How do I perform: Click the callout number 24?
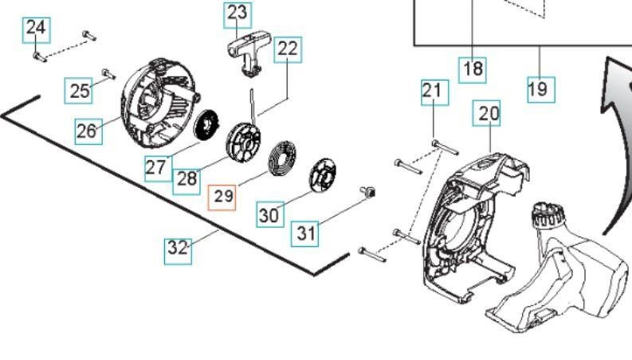pos(35,28)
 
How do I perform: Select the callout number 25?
pos(80,90)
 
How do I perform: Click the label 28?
pos(186,178)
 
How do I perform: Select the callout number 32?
pos(179,248)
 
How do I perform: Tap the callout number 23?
pos(237,13)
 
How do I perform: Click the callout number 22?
pos(288,49)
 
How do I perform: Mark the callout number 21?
pos(432,92)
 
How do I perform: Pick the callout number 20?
pos(489,114)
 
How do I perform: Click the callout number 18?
pos(473,68)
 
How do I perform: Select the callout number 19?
pos(539,88)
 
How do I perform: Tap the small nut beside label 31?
pos(370,191)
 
